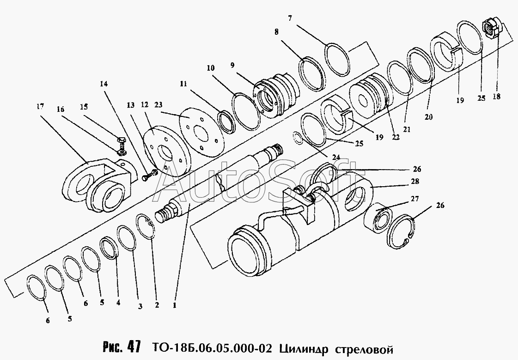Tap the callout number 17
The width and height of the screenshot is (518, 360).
tap(40, 107)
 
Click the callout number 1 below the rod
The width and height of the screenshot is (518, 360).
tap(174, 305)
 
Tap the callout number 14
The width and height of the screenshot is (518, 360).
tap(104, 84)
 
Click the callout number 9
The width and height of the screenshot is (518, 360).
tap(232, 65)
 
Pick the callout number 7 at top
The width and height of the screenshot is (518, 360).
tap(290, 18)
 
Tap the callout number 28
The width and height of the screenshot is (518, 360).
tap(415, 181)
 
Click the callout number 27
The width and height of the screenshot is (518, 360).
tap(415, 199)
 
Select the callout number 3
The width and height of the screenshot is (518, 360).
tap(140, 306)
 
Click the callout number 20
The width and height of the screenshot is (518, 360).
tap(428, 117)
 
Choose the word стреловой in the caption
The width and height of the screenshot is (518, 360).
tap(365, 349)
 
